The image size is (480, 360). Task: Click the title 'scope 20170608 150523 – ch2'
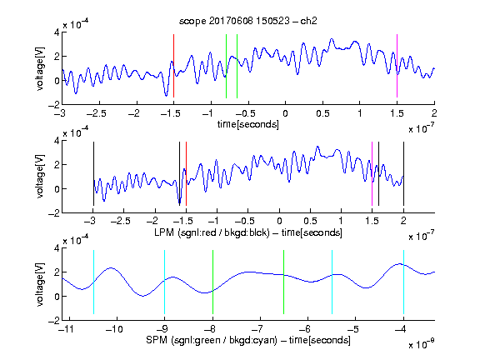coord(248,21)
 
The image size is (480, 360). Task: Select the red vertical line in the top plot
coord(173,66)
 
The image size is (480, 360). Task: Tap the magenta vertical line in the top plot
coord(397,66)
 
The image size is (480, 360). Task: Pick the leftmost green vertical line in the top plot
coord(226,66)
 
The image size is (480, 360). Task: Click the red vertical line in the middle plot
coord(186,173)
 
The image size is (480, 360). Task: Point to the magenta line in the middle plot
coord(372,173)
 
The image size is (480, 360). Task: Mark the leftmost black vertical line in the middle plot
coord(93,173)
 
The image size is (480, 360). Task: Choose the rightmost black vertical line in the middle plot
coord(403,173)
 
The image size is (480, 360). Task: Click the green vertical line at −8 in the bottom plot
coord(212,282)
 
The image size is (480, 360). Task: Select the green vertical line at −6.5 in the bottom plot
coord(284,282)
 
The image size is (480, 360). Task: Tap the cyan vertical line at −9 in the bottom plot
coord(164,282)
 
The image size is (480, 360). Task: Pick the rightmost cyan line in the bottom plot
coord(403,282)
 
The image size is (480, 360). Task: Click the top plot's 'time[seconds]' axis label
coord(248,124)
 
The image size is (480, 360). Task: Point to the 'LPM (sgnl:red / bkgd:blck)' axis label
coord(212,232)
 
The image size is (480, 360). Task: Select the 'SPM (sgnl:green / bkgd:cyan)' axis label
coord(212,340)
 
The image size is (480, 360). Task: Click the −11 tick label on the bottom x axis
coord(67,329)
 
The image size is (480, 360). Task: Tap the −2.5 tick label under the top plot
coord(97,113)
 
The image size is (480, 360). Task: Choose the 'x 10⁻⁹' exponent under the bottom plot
coord(422,343)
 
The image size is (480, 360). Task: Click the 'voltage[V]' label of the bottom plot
coord(40,284)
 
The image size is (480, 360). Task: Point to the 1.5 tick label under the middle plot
coord(372,221)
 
